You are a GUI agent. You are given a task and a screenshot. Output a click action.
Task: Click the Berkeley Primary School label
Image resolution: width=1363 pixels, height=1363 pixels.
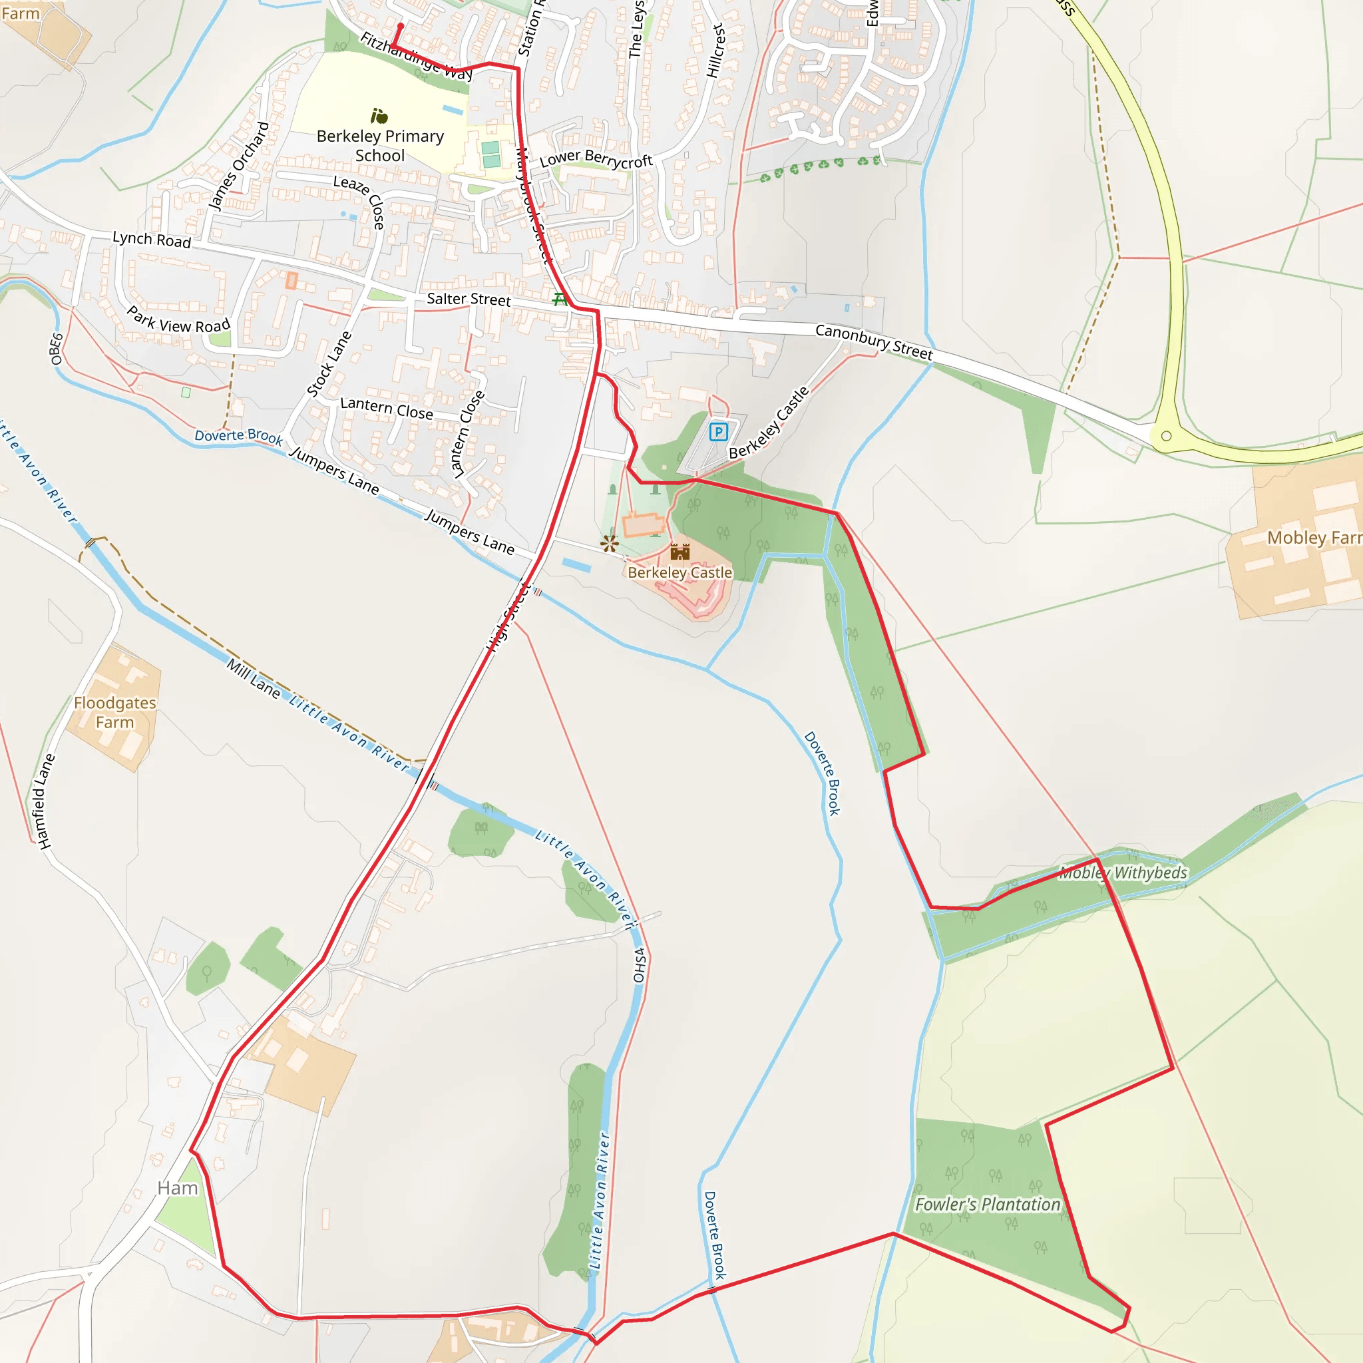tap(379, 145)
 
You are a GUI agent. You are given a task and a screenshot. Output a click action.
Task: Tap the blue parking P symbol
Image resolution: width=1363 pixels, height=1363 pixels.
tap(718, 432)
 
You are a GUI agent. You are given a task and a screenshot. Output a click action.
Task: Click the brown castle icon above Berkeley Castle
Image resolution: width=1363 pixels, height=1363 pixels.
tap(680, 551)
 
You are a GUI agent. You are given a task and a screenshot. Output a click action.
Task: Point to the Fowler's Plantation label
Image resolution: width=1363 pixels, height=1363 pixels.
tap(987, 1204)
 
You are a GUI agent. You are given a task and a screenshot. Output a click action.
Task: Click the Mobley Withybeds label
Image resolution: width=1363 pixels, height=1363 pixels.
tap(1123, 873)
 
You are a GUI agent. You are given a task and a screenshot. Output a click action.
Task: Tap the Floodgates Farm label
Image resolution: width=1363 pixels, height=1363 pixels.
tap(115, 713)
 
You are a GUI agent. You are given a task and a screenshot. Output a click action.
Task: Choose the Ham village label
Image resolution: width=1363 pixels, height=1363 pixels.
tap(178, 1188)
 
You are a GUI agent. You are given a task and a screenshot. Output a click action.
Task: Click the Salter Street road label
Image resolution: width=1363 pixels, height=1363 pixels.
tap(469, 299)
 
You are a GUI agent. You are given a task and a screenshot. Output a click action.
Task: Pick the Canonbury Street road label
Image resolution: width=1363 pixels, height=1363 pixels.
tap(873, 341)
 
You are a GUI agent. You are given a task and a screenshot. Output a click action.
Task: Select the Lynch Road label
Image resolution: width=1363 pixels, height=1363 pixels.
tap(152, 240)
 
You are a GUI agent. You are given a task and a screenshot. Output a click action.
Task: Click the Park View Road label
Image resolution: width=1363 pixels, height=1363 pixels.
tap(178, 320)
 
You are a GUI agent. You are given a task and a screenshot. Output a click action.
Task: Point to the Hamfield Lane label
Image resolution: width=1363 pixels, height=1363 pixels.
tap(45, 801)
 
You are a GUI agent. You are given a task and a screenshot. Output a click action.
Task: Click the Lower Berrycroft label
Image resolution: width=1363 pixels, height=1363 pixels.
tap(596, 160)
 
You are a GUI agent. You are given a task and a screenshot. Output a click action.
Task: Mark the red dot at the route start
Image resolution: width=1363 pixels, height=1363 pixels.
tap(400, 26)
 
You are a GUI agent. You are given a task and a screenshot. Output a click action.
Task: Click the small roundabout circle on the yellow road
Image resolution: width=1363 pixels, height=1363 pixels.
tap(1166, 436)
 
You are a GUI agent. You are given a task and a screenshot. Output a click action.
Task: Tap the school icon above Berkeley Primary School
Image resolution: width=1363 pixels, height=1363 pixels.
tap(379, 116)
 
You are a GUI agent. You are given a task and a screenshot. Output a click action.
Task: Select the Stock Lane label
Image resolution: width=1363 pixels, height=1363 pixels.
tap(329, 364)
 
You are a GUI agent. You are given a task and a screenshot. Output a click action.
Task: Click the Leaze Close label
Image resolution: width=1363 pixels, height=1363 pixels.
tap(360, 201)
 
